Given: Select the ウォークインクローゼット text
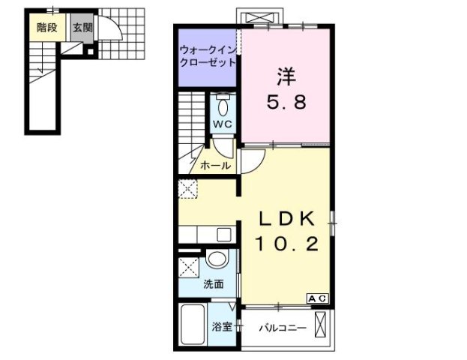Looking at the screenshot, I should point(208,57).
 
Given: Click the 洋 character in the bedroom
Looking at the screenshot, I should point(285,76).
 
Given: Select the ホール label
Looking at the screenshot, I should point(215,165).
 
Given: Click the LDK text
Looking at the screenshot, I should point(286,217).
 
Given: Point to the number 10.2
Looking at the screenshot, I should point(286,243).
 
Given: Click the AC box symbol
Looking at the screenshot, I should point(317,298).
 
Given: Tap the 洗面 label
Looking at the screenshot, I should point(213,284).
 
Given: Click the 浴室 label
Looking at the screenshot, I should point(221,327).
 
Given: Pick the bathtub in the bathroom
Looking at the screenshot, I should point(193,324).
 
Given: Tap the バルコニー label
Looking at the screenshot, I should point(283,328).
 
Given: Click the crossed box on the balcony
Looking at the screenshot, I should point(322,327).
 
